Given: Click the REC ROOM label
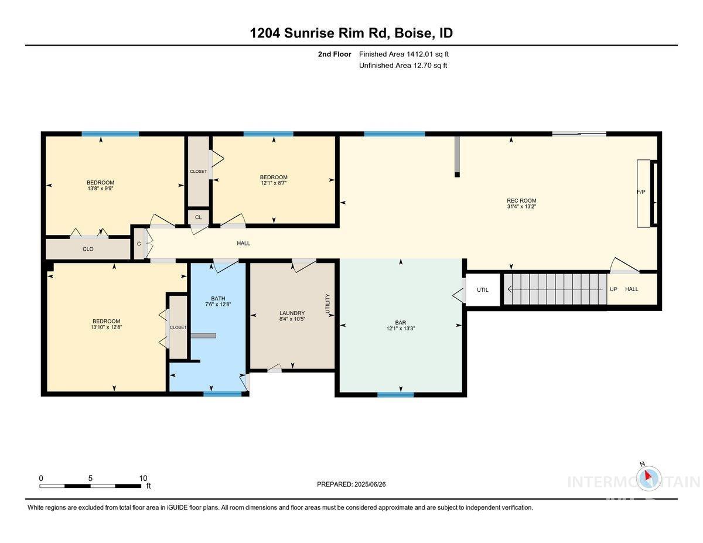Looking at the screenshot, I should click(x=521, y=201).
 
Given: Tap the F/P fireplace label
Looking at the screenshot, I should click(x=641, y=192).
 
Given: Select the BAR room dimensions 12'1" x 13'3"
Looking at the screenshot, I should click(x=401, y=329).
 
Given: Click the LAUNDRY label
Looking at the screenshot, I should click(x=292, y=313).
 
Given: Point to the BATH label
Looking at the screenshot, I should click(x=218, y=298).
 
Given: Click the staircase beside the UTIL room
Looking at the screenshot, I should click(x=554, y=289).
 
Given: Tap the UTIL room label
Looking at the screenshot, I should click(x=482, y=289).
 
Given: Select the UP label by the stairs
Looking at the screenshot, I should click(x=613, y=289).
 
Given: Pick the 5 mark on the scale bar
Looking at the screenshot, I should click(x=90, y=478).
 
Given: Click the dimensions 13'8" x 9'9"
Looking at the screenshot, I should click(x=100, y=188).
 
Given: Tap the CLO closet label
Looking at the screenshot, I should click(x=88, y=249).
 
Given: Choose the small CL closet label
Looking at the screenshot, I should click(x=198, y=217).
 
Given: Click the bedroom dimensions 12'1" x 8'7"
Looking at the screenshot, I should click(x=274, y=183).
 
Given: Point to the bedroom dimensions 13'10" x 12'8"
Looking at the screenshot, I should click(x=106, y=327).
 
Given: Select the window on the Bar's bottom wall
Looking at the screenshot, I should click(x=395, y=394).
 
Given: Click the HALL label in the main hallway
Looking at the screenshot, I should click(x=243, y=243).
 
